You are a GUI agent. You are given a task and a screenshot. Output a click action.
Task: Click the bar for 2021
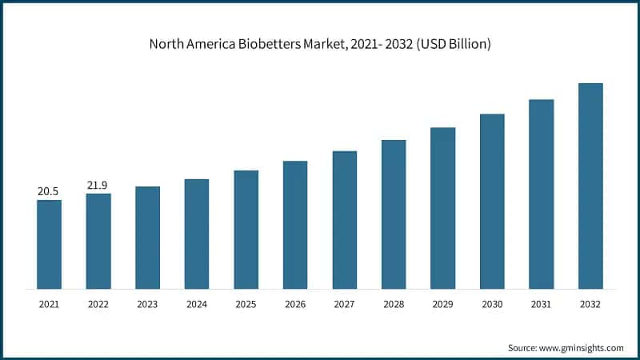[x=49, y=244]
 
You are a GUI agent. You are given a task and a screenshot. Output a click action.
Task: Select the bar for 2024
[x=197, y=234]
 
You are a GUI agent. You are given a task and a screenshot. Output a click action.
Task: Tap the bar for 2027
[x=345, y=219]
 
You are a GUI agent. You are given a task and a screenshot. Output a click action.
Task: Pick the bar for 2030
[x=492, y=201]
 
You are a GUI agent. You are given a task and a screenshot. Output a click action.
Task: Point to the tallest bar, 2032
[x=590, y=186]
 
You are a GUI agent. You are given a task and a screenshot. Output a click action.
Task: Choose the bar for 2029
[x=443, y=208]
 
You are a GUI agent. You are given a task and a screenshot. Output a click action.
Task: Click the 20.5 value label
[x=49, y=192]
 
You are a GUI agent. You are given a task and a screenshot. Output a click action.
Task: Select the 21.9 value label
[x=98, y=186]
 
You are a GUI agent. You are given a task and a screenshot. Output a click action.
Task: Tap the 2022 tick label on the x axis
[x=98, y=305]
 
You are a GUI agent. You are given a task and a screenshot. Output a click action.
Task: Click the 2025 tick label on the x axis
[x=246, y=305]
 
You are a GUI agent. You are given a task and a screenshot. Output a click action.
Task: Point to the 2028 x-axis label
[x=394, y=305]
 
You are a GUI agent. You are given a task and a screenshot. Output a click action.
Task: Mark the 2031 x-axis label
[x=542, y=305]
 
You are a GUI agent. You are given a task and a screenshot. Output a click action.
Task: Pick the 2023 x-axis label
[x=147, y=305]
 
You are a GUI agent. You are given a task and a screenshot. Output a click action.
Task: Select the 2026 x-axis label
[x=295, y=305]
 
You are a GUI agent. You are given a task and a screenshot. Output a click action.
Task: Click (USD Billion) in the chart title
[x=450, y=45]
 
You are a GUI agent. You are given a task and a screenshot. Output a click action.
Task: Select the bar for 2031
[x=542, y=194]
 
